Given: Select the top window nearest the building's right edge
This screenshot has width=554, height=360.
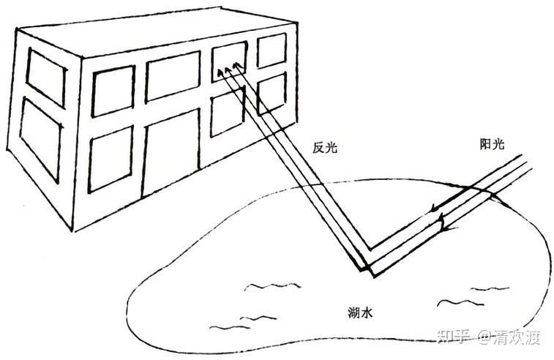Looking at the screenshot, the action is [x=272, y=50].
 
